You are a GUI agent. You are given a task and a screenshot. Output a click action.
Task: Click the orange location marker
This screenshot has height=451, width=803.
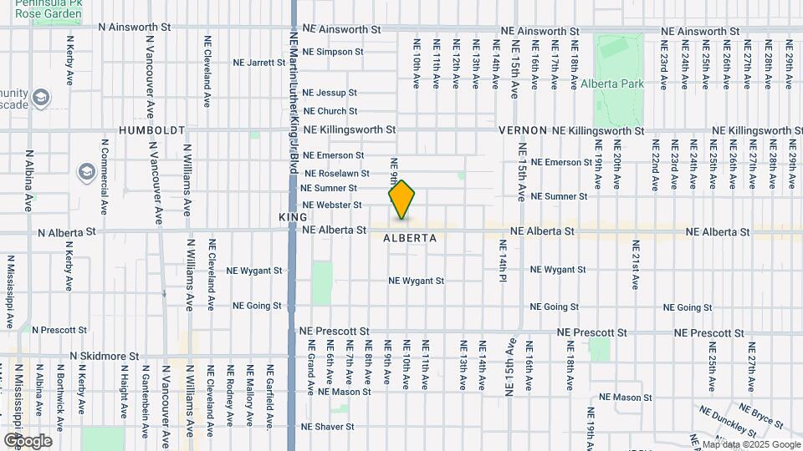(402, 200)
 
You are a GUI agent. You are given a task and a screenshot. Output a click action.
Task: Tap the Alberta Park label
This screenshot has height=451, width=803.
(620, 84)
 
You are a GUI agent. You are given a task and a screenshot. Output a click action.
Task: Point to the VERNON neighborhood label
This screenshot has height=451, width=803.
(522, 131)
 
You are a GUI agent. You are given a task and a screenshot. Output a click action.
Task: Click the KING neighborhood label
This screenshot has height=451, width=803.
(294, 216)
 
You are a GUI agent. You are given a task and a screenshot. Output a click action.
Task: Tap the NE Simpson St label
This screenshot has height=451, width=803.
(333, 52)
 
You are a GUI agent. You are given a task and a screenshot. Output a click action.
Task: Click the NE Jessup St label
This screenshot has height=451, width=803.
(330, 93)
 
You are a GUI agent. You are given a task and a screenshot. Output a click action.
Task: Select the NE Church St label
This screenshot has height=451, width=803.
(330, 111)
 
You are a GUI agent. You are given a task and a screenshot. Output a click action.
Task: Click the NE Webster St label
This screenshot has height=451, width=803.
(331, 205)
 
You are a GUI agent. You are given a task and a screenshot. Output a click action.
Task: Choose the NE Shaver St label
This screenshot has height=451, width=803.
(328, 427)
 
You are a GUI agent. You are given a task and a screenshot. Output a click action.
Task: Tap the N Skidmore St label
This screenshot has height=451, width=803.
(104, 356)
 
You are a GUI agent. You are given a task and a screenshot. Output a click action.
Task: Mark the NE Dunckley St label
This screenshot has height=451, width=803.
(727, 423)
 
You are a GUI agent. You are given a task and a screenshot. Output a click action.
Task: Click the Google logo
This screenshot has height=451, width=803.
(28, 440)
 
